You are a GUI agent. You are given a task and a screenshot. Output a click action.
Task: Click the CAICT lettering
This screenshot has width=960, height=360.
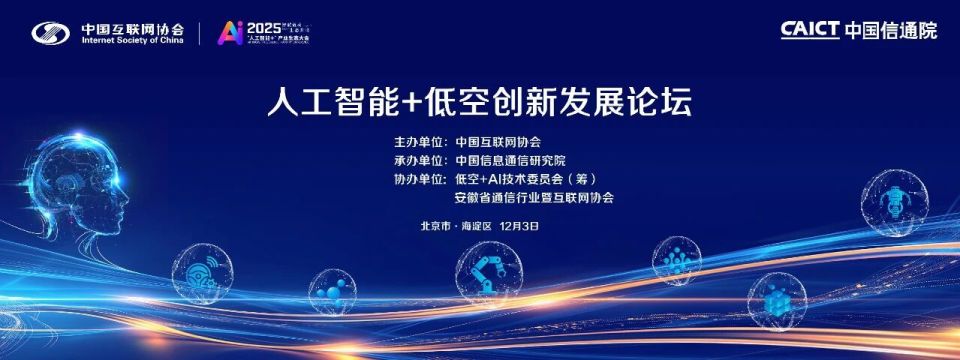809,30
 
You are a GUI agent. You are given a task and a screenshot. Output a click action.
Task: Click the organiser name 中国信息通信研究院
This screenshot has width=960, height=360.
510,161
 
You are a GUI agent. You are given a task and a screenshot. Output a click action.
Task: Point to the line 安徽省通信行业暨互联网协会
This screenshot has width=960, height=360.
534,198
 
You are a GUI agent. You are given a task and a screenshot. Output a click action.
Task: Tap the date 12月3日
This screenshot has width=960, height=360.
519,226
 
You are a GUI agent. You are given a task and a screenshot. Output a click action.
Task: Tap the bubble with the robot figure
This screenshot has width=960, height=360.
893,202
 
